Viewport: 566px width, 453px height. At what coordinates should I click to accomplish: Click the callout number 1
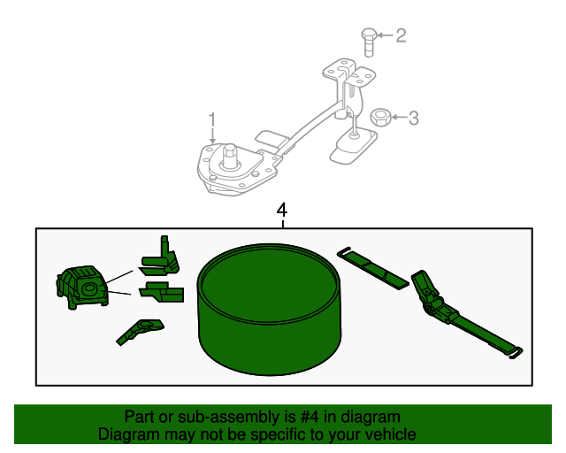click(x=212, y=119)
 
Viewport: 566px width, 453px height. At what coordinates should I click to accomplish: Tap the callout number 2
click(x=401, y=35)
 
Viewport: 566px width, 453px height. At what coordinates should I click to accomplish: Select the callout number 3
click(x=413, y=118)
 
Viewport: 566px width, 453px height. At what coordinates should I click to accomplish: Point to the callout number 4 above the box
click(x=282, y=211)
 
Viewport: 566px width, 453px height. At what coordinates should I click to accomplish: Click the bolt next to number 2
click(x=368, y=41)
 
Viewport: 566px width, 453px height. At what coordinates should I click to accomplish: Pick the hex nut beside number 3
click(x=381, y=117)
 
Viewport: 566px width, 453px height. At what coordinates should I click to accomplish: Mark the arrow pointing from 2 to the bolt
click(x=386, y=36)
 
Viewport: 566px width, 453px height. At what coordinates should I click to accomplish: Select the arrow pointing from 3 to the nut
click(x=398, y=117)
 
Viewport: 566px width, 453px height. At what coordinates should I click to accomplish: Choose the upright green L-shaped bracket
click(x=162, y=254)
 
